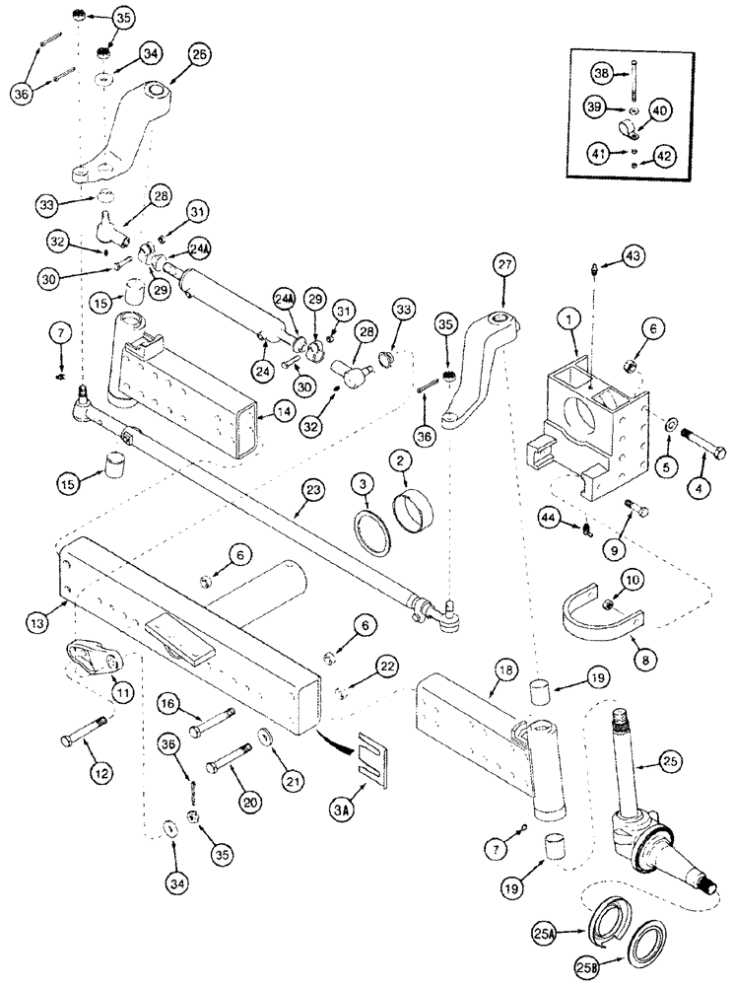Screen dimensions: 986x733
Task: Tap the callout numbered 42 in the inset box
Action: pyautogui.click(x=666, y=155)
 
